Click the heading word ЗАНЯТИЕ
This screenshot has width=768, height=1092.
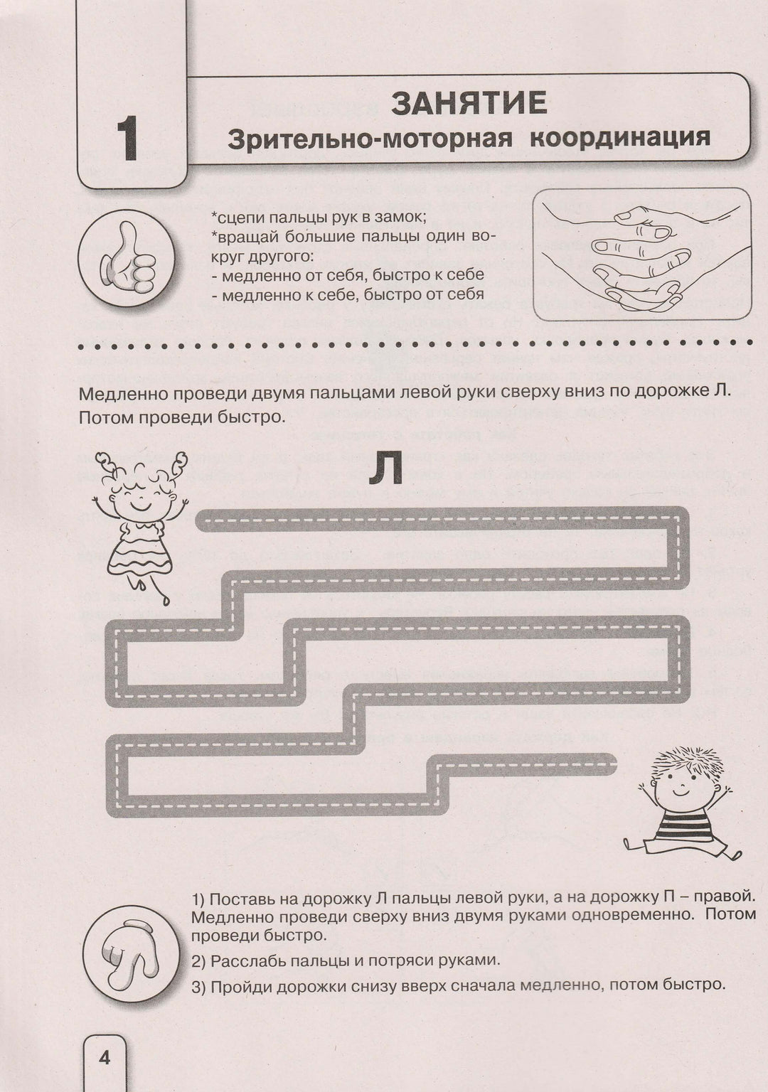(x=469, y=104)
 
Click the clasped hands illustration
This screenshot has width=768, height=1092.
(x=641, y=254)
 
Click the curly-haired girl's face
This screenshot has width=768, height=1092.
(x=141, y=496)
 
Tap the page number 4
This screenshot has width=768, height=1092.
(x=105, y=1059)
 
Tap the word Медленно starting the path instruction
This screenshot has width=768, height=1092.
(x=122, y=393)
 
